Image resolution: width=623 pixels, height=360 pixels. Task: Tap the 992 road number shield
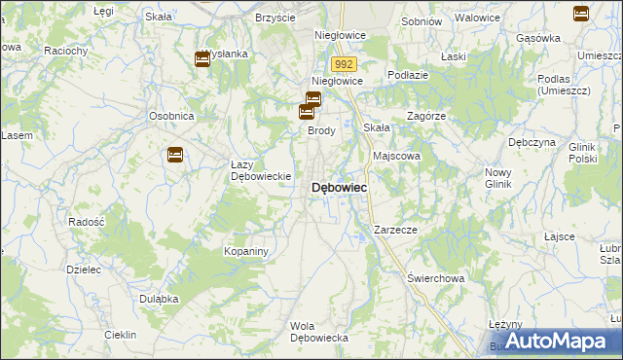point(342,63)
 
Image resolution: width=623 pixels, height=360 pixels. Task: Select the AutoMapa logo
point(552,341)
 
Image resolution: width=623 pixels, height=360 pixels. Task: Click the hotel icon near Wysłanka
point(202,60)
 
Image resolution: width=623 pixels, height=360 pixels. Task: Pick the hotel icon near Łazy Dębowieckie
point(175,154)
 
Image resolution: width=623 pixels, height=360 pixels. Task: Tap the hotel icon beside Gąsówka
point(581,14)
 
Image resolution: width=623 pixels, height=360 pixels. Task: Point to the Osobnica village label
point(172,116)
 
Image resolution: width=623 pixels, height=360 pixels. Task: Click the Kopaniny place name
point(245,251)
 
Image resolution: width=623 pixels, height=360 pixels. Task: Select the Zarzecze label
point(395,230)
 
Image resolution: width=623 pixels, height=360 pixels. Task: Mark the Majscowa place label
point(396,156)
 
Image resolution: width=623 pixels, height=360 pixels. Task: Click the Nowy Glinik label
point(504,178)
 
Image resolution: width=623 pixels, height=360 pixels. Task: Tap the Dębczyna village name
point(531,142)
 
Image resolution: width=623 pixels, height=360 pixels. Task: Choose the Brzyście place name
point(275,18)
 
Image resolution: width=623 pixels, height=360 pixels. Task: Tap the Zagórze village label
point(426,115)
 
